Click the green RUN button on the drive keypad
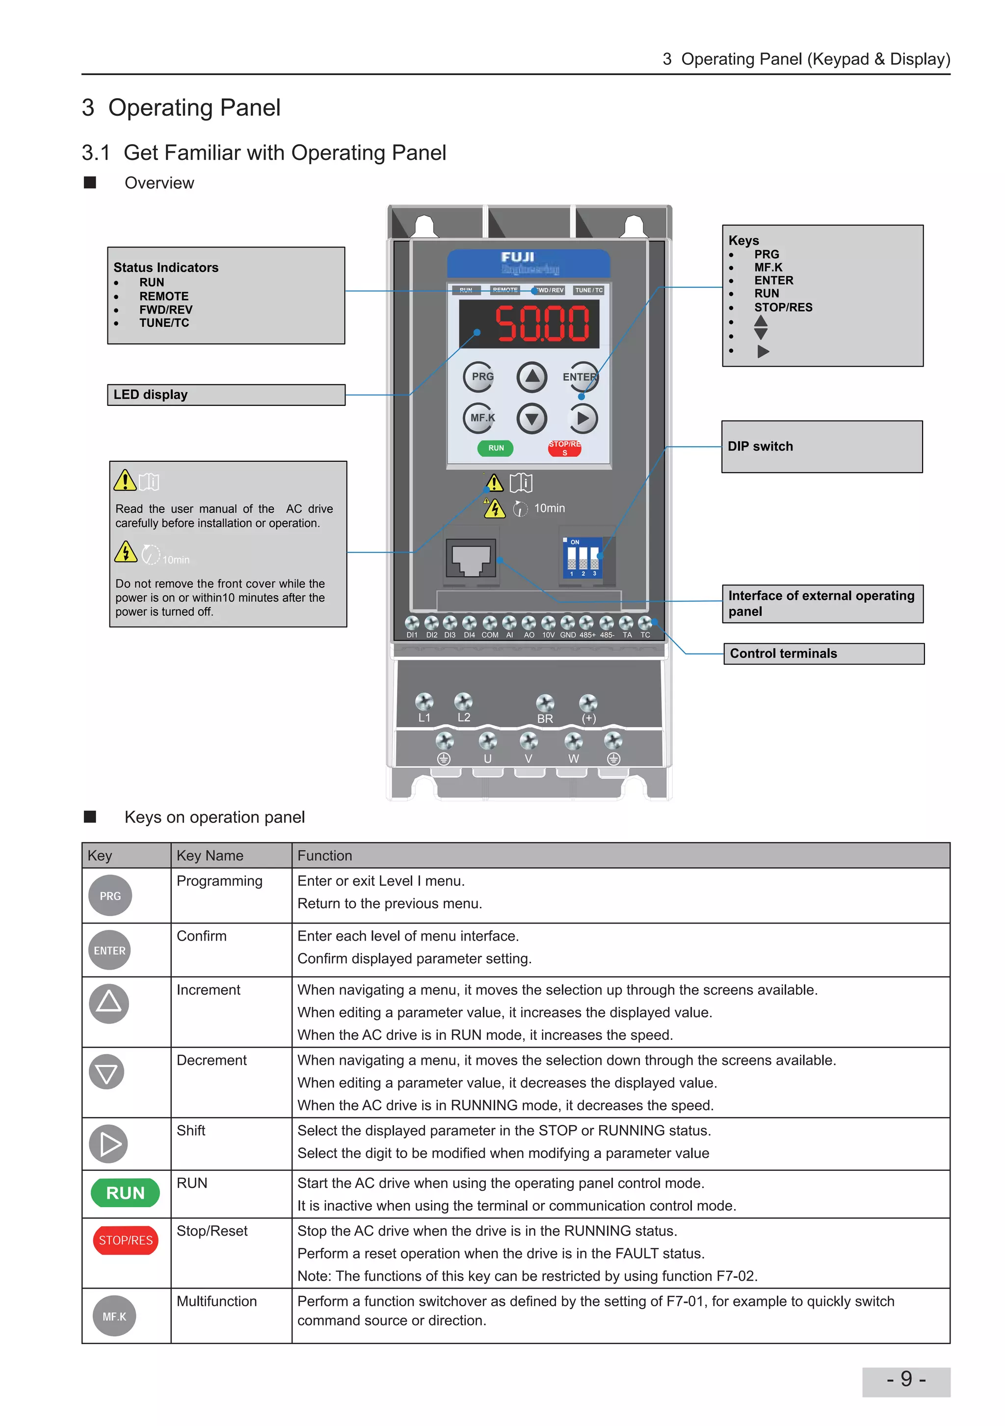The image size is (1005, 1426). pyautogui.click(x=495, y=448)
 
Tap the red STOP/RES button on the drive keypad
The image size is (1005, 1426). pyautogui.click(x=564, y=448)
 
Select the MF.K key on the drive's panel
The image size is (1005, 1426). pyautogui.click(x=479, y=418)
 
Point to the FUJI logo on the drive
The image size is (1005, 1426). pyautogui.click(x=518, y=257)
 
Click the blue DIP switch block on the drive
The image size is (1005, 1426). pyautogui.click(x=582, y=558)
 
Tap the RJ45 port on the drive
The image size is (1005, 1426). pyautogui.click(x=471, y=558)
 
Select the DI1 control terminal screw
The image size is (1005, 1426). pyautogui.click(x=412, y=622)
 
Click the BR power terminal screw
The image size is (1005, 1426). pyautogui.click(x=545, y=702)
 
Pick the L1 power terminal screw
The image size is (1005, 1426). pyautogui.click(x=424, y=702)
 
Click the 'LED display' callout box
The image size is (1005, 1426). pyautogui.click(x=226, y=395)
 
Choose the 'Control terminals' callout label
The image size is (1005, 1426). pyautogui.click(x=823, y=653)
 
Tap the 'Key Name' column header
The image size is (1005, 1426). pyautogui.click(x=210, y=855)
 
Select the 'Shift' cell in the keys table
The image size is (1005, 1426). pyautogui.click(x=191, y=1131)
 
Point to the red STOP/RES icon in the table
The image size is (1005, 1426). pyautogui.click(x=126, y=1241)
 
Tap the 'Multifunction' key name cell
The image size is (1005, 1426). pyautogui.click(x=217, y=1301)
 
